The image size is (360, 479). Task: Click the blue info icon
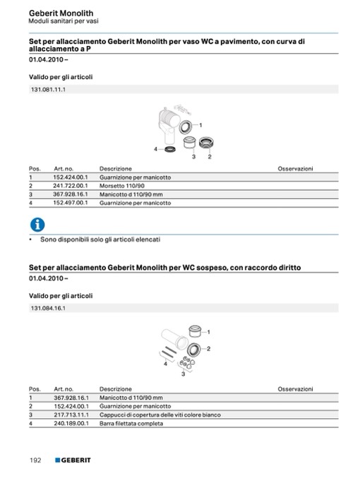(x=37, y=225)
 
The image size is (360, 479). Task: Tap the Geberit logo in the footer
(x=73, y=460)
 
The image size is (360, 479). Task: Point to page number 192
(x=35, y=460)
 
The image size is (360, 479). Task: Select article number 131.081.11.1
(x=48, y=90)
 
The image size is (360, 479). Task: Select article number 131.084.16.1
(x=48, y=308)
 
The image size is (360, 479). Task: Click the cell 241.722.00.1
(x=70, y=186)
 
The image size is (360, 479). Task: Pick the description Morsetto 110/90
(x=122, y=186)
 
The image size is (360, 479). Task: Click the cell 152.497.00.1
(x=70, y=203)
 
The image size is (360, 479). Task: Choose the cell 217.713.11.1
(x=71, y=415)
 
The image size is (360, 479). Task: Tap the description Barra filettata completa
(x=131, y=423)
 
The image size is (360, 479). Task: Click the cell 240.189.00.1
(x=71, y=423)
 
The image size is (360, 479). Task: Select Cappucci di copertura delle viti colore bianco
(x=160, y=415)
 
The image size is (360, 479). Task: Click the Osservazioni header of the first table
(x=295, y=169)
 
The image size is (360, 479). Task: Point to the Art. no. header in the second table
(x=64, y=389)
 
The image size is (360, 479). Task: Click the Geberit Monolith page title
(x=61, y=13)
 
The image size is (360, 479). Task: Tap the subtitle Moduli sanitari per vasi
(x=64, y=21)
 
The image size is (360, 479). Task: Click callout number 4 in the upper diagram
(x=156, y=149)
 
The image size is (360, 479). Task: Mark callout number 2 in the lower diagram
(x=208, y=348)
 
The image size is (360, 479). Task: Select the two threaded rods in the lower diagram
(x=169, y=352)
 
